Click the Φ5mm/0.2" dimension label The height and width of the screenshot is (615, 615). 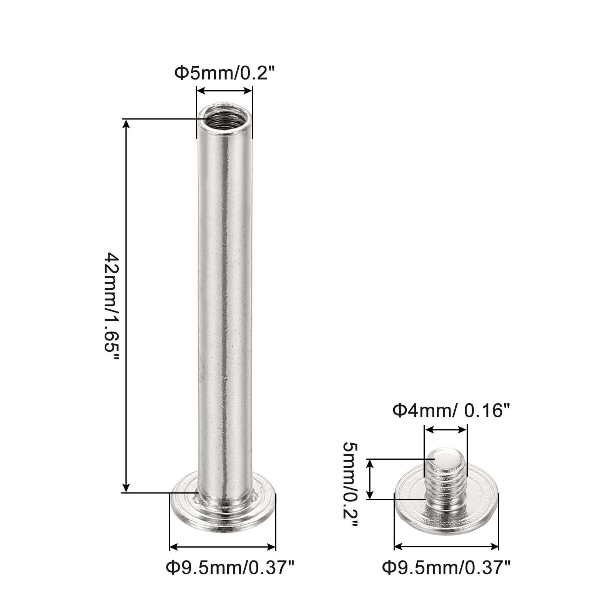(x=226, y=73)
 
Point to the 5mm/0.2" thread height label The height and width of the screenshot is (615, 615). (x=350, y=485)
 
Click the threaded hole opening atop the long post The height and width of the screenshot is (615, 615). (x=225, y=118)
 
